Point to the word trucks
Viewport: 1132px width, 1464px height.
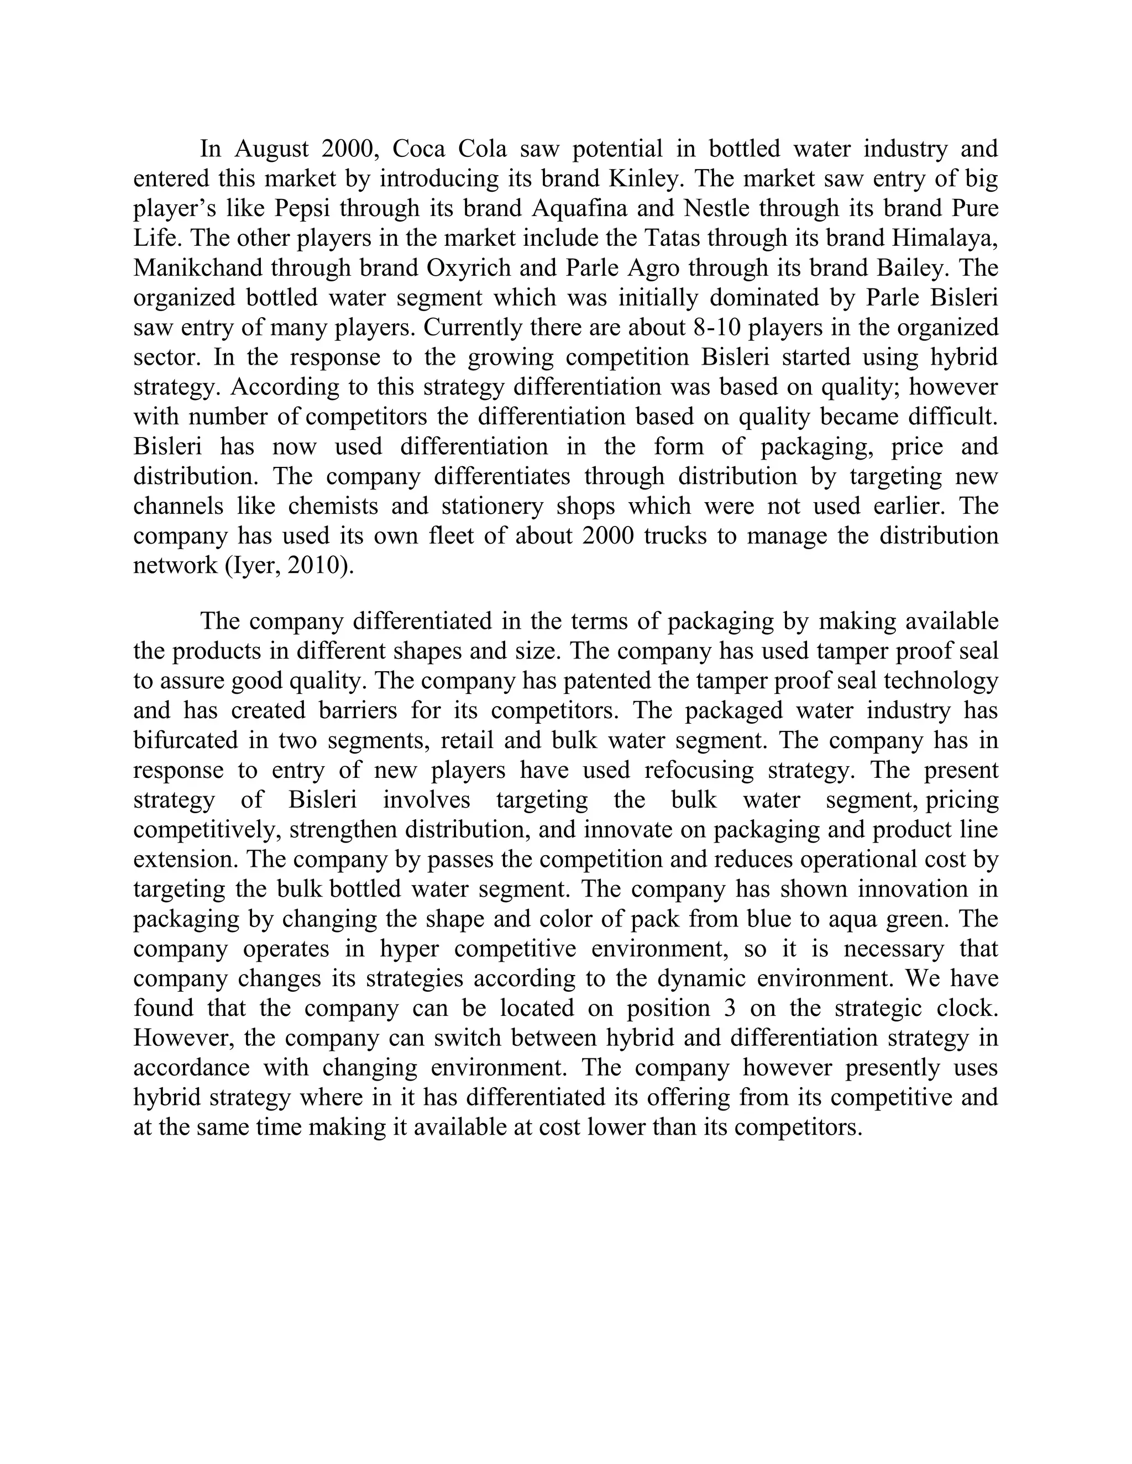(x=674, y=536)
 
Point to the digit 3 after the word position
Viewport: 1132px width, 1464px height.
(x=730, y=1008)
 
